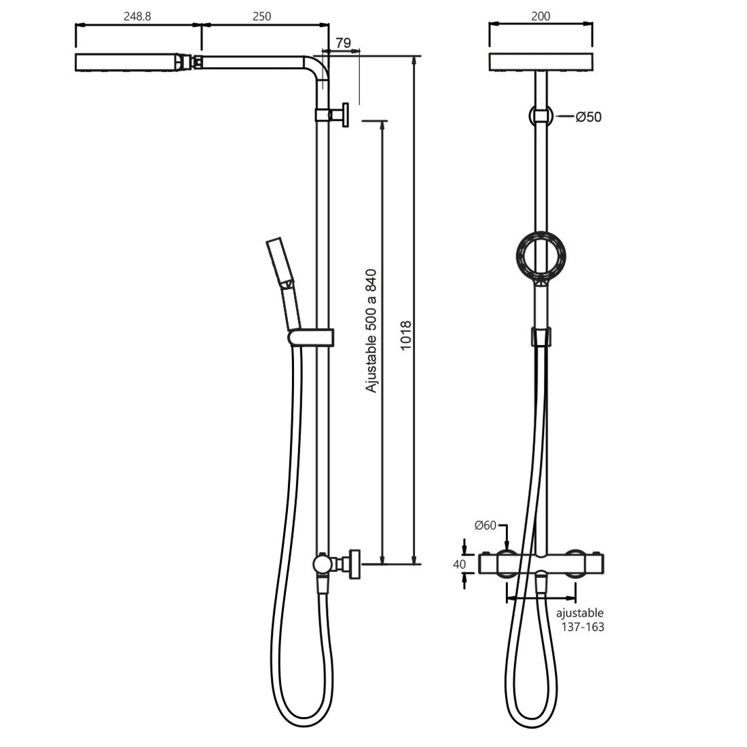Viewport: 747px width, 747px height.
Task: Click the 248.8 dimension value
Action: click(x=137, y=16)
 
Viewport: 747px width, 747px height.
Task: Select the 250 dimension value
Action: click(x=262, y=16)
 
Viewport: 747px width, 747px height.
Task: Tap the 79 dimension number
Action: click(x=343, y=43)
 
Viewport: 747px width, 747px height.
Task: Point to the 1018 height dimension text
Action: click(x=406, y=336)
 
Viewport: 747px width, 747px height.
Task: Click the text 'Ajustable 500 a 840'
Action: click(x=371, y=331)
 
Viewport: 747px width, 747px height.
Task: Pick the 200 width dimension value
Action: click(x=541, y=16)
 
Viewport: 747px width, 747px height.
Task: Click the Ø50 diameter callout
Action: click(x=589, y=117)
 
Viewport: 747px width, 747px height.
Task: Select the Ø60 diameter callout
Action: click(x=486, y=526)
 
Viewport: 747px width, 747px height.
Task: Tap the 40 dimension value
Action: click(x=459, y=564)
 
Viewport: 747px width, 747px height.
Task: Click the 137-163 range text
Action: click(x=583, y=627)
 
